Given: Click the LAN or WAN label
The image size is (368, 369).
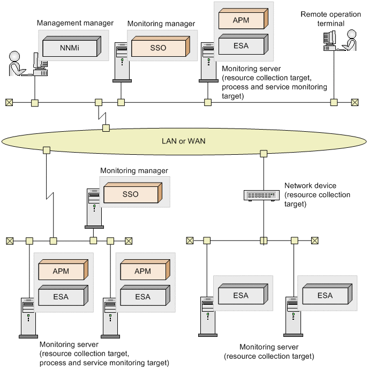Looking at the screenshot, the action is (183, 141).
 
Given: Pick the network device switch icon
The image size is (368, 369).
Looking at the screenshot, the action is (261, 195).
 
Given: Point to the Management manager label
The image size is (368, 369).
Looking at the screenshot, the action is (75, 23).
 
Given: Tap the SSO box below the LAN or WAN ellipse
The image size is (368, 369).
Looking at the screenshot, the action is (133, 193).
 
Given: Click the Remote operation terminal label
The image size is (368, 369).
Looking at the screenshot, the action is (331, 19).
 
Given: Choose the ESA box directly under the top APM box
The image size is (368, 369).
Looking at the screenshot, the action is (243, 44).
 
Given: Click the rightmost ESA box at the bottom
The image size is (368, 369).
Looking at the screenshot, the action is (327, 294).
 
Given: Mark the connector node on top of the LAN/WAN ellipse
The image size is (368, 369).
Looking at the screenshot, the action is (106, 128).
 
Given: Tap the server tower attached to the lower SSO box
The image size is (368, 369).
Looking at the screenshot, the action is (94, 208).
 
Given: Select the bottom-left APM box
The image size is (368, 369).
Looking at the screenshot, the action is (63, 270).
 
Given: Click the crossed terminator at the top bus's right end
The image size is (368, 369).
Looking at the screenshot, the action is (355, 102).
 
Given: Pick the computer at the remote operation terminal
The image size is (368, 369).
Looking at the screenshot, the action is (329, 41).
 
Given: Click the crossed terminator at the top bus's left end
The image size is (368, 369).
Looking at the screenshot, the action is (9, 102).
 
